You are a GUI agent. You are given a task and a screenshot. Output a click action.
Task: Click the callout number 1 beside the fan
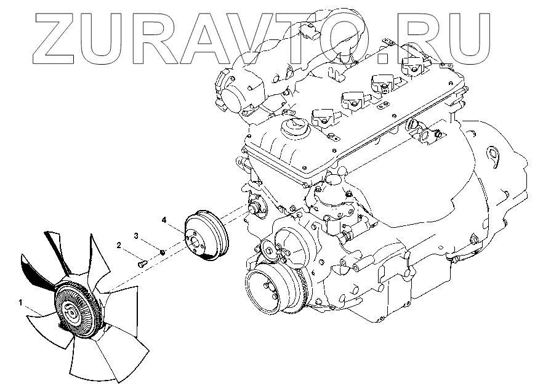20,303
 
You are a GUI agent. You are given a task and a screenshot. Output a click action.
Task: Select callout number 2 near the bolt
118,245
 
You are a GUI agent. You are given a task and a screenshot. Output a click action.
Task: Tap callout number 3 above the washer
137,235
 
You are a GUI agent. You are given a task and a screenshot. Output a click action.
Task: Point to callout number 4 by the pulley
163,219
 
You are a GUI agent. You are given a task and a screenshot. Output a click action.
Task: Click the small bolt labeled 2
142,263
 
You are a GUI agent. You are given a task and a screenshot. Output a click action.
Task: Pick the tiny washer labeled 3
161,251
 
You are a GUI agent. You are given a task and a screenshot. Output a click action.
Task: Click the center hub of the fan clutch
71,313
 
